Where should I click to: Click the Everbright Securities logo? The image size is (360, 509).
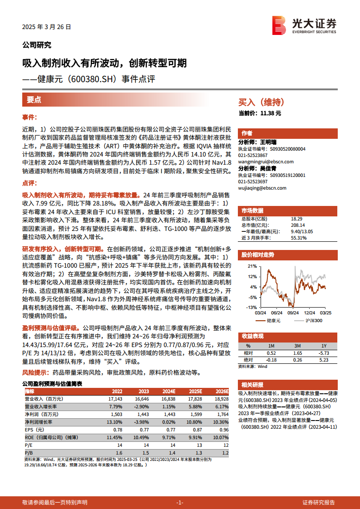tap(304, 25)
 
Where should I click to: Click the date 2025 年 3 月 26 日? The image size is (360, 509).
tap(47, 27)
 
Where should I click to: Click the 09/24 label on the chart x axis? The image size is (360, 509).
tap(293, 313)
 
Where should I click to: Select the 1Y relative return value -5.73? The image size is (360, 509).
tap(324, 352)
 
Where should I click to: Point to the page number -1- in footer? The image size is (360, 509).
tap(180, 502)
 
